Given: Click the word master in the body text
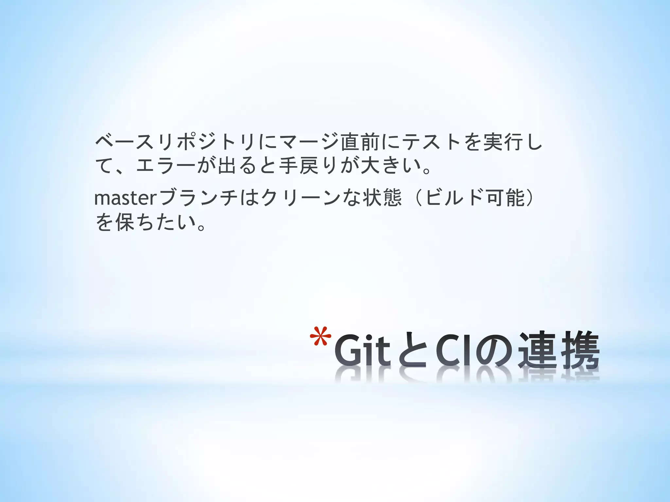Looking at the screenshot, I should coord(126,198).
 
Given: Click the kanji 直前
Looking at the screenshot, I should coord(360,142).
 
